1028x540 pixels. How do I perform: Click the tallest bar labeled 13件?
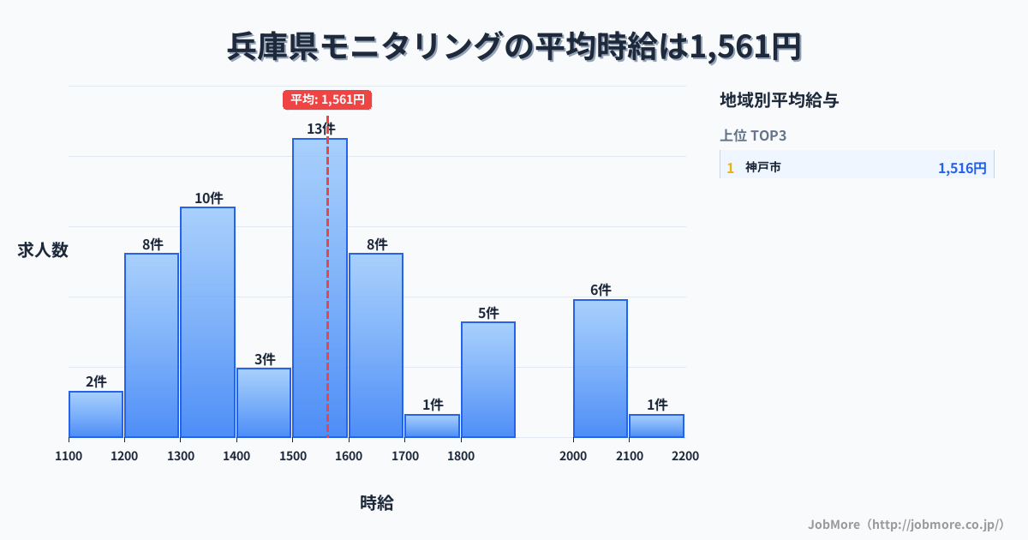pyautogui.click(x=320, y=287)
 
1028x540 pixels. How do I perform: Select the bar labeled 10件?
pyautogui.click(x=207, y=321)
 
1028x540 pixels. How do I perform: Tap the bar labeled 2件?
pyautogui.click(x=96, y=414)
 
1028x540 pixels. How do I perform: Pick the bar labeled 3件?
pyautogui.click(x=264, y=402)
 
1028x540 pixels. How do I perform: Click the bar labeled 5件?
pyautogui.click(x=488, y=379)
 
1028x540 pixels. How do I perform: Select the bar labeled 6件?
pyautogui.click(x=601, y=368)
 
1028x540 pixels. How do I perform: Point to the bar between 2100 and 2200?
pyautogui.click(x=656, y=425)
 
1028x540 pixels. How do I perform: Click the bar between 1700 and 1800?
pyautogui.click(x=432, y=425)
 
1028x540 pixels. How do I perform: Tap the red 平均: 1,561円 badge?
pyautogui.click(x=327, y=99)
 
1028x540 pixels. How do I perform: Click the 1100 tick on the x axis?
pyautogui.click(x=69, y=456)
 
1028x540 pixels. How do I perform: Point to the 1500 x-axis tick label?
pyautogui.click(x=292, y=456)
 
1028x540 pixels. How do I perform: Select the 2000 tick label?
pyautogui.click(x=573, y=456)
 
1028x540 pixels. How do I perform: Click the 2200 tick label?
pyautogui.click(x=684, y=456)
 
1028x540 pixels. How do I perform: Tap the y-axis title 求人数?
pyautogui.click(x=43, y=250)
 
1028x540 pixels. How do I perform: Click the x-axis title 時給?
pyautogui.click(x=376, y=503)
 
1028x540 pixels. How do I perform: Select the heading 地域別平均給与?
pyautogui.click(x=779, y=100)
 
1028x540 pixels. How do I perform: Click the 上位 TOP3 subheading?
pyautogui.click(x=753, y=135)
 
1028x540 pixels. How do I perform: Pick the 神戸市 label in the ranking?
pyautogui.click(x=762, y=168)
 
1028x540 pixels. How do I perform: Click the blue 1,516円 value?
pyautogui.click(x=962, y=168)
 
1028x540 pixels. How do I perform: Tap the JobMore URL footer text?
pyautogui.click(x=905, y=524)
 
